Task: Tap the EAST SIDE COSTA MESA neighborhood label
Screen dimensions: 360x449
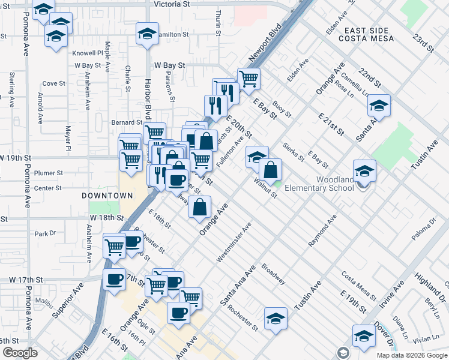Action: pos(366,34)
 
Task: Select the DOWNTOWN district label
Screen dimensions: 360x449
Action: pos(107,196)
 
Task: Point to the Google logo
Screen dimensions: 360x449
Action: pos(20,353)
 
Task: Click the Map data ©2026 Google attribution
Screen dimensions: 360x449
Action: pos(412,355)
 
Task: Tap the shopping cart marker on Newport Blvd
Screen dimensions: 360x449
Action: pos(249,77)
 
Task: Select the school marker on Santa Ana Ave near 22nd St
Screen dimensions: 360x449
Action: pos(379,106)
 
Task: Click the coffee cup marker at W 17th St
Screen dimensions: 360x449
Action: pos(113,278)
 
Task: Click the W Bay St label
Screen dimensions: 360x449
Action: pos(168,64)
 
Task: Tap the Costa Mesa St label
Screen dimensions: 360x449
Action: pos(358,286)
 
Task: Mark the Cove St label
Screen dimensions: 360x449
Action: pos(53,83)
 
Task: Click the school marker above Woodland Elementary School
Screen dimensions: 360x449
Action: pos(364,171)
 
